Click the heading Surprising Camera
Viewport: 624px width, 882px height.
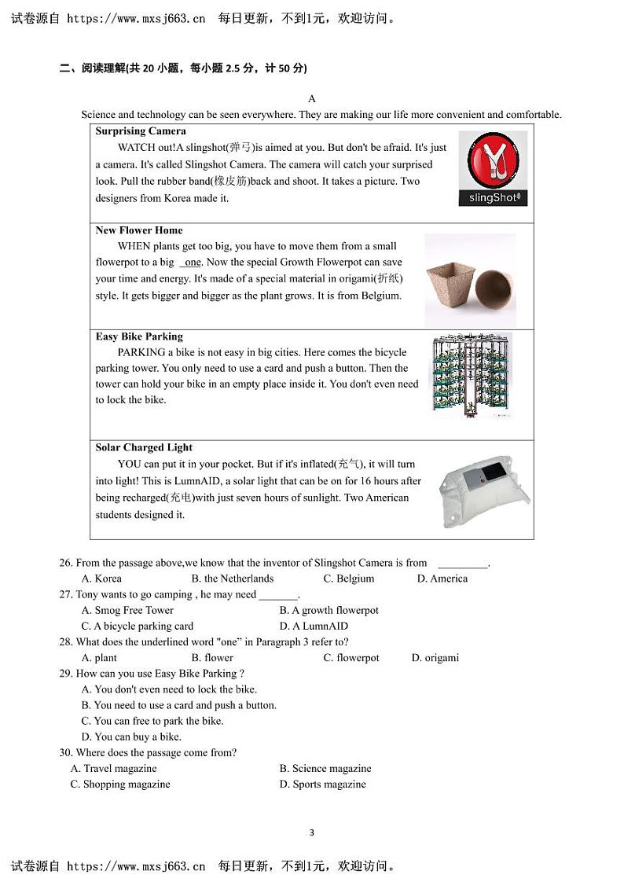[x=141, y=131]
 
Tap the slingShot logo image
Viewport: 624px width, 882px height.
[x=493, y=168]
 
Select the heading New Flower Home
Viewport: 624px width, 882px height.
[x=139, y=230]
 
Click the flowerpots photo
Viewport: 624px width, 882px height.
[x=470, y=280]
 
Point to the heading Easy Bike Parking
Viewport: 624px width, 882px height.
[x=139, y=336]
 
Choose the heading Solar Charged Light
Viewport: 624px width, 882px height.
[x=144, y=447]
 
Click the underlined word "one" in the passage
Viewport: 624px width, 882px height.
[x=193, y=263]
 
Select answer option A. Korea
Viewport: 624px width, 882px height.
[x=101, y=579]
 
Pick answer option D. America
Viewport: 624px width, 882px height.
[x=442, y=579]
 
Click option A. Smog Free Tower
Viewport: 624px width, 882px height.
[x=127, y=610]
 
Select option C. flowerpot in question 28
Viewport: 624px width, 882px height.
[x=351, y=658]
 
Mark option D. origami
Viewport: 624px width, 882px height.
[x=435, y=658]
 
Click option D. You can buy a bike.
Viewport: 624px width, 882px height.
[x=131, y=737]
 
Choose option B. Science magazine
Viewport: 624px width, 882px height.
[x=325, y=769]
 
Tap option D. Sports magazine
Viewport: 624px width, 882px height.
[x=322, y=785]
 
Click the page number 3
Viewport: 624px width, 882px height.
[x=312, y=832]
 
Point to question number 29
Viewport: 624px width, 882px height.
[x=66, y=674]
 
